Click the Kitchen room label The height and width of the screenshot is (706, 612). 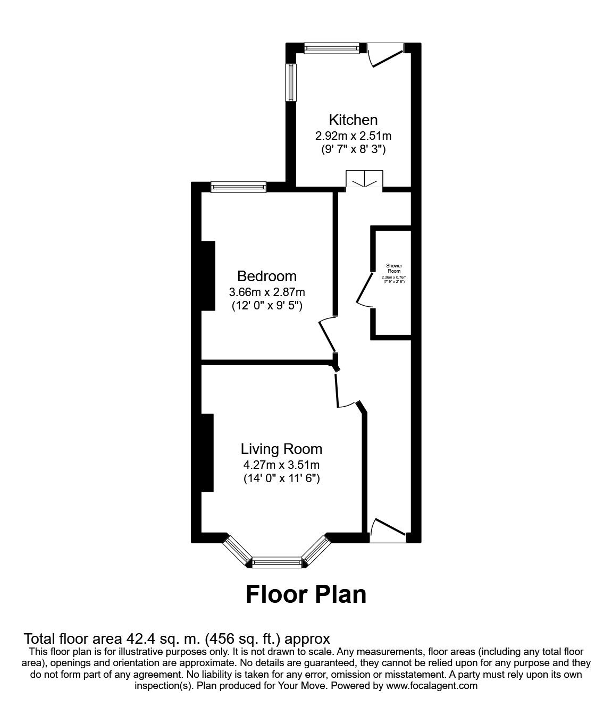pyautogui.click(x=353, y=120)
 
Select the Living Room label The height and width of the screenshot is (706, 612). pyautogui.click(x=281, y=449)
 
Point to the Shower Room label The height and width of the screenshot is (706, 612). pyautogui.click(x=394, y=268)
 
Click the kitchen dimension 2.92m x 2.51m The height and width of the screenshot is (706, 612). pyautogui.click(x=353, y=136)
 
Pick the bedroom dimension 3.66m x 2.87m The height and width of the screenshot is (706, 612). pyautogui.click(x=267, y=292)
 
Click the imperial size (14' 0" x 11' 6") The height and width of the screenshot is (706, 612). pyautogui.click(x=281, y=478)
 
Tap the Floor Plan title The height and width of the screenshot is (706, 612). pyautogui.click(x=306, y=594)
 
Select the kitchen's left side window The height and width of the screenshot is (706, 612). pyautogui.click(x=291, y=82)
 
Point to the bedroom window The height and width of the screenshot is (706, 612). pyautogui.click(x=238, y=187)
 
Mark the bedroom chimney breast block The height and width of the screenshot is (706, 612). pyautogui.click(x=207, y=275)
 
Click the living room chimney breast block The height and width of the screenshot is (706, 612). pyautogui.click(x=207, y=452)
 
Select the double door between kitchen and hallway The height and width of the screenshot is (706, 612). pyautogui.click(x=364, y=180)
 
